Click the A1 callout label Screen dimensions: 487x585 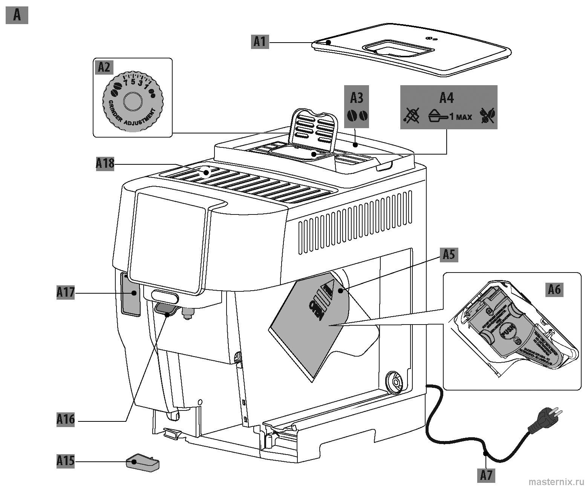pos(260,41)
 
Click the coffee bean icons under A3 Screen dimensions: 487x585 pos(357,116)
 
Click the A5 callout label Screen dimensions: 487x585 pos(449,255)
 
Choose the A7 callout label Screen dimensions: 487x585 pos(487,475)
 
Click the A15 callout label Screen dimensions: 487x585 pos(65,460)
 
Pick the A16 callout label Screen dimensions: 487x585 pos(66,419)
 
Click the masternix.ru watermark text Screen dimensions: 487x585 pos(556,481)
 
